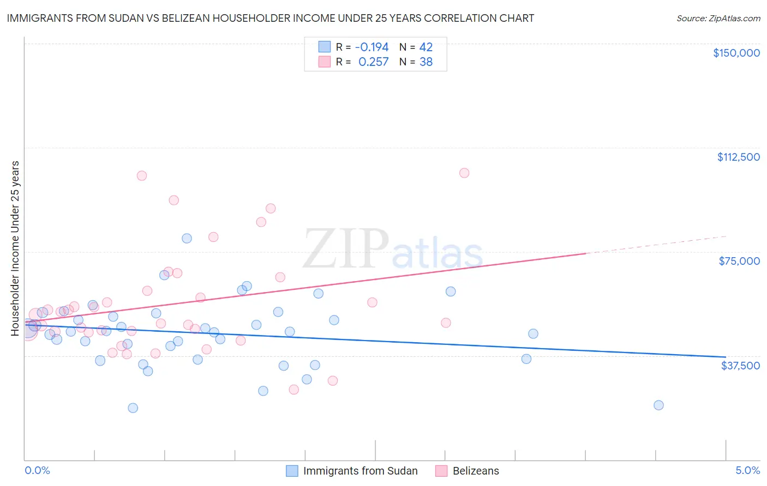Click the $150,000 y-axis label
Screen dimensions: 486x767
[x=736, y=53]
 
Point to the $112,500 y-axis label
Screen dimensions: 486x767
[x=738, y=157]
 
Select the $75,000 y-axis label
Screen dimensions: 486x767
[x=739, y=261]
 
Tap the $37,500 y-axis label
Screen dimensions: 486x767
[x=740, y=366]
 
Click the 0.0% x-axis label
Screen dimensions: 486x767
[x=37, y=470]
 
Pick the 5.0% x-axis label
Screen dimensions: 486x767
[x=747, y=470]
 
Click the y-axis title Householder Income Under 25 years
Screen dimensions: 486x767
[x=15, y=248]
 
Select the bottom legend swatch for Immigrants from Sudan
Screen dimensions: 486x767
[x=292, y=471]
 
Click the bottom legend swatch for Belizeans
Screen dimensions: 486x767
[x=441, y=471]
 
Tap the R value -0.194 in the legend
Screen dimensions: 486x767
[x=371, y=47]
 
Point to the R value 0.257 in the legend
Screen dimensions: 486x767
[x=373, y=62]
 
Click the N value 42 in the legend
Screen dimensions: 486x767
[x=426, y=47]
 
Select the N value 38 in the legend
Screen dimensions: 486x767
[x=426, y=62]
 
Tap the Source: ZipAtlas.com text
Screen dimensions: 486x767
[x=718, y=19]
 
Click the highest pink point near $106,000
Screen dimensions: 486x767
[x=464, y=173]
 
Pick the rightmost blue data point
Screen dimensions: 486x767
[x=658, y=405]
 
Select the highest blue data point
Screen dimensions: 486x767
[x=187, y=238]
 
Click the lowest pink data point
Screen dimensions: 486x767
[x=293, y=389]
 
